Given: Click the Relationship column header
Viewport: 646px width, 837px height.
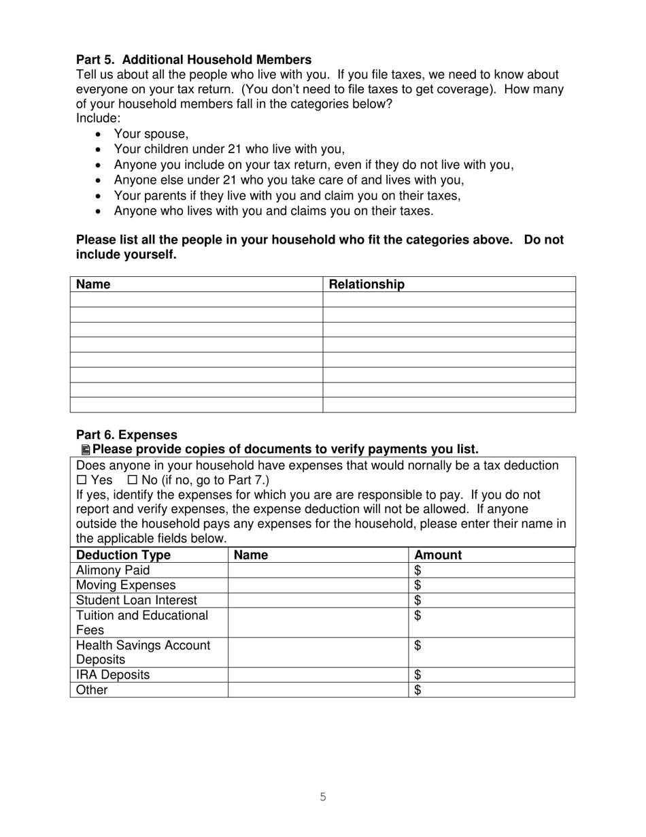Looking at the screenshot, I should click(x=367, y=284).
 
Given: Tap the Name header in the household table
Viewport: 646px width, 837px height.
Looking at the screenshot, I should click(x=93, y=284).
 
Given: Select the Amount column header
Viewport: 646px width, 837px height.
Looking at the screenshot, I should click(x=438, y=555).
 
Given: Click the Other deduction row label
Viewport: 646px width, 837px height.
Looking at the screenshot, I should click(x=92, y=690).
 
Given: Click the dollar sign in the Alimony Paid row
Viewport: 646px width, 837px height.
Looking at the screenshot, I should click(x=418, y=570).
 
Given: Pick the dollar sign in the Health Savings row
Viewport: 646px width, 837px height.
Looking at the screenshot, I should click(x=418, y=645).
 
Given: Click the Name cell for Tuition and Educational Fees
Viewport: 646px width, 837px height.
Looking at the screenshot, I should click(x=318, y=623).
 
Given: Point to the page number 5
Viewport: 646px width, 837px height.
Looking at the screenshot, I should click(x=323, y=797).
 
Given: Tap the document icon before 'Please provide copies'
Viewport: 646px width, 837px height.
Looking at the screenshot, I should click(x=85, y=450).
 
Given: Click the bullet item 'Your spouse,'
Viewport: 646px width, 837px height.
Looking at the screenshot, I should click(x=151, y=134).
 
